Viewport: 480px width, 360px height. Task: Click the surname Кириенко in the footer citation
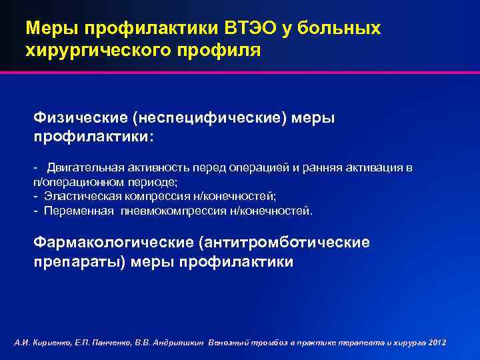point(48,342)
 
